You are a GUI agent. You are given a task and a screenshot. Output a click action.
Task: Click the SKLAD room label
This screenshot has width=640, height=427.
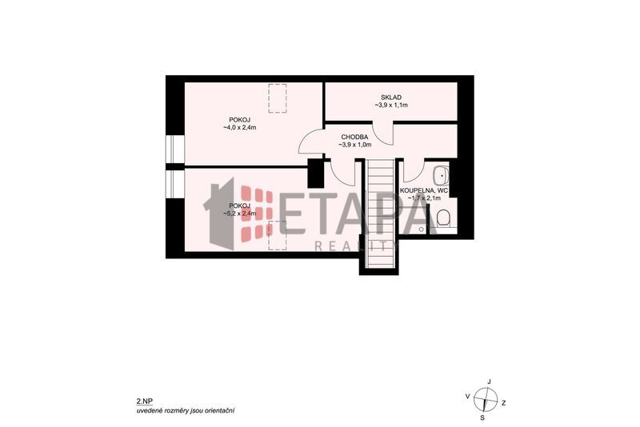tap(391, 98)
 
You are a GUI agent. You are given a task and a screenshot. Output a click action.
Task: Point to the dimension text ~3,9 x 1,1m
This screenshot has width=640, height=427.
tap(391, 106)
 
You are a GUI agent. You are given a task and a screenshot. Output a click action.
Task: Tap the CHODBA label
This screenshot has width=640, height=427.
tap(354, 137)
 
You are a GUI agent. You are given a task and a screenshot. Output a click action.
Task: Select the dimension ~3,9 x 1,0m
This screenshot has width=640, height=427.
tap(354, 145)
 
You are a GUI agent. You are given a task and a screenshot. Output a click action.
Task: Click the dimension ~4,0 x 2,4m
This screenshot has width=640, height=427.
tap(239, 127)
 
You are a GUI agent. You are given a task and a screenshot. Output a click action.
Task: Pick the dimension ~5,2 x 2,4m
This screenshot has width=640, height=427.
tap(239, 213)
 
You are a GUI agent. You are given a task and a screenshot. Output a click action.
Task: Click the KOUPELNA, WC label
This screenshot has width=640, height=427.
tap(424, 190)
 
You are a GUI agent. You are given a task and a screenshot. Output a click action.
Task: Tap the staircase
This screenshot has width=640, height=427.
tap(379, 213)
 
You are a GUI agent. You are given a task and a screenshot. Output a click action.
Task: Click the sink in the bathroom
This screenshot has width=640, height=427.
tap(442, 176)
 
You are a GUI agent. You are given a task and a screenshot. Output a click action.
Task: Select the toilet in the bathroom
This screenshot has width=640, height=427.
tap(442, 219)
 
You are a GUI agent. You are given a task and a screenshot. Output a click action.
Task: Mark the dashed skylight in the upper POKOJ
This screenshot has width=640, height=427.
tap(277, 98)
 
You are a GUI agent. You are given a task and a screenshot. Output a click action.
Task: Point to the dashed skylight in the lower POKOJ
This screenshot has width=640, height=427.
tap(277, 235)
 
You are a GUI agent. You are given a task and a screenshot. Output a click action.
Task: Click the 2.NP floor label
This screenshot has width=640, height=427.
tap(144, 401)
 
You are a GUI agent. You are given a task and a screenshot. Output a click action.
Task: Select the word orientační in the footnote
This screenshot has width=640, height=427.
tap(220, 410)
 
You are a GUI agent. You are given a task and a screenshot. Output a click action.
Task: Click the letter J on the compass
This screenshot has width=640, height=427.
tap(489, 381)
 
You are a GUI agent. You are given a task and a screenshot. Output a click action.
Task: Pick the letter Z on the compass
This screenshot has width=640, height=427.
tap(504, 403)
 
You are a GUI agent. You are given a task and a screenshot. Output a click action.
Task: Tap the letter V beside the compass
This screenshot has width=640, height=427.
tap(468, 396)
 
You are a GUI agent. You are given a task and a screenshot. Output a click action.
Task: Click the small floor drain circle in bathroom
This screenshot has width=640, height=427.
tap(422, 229)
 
